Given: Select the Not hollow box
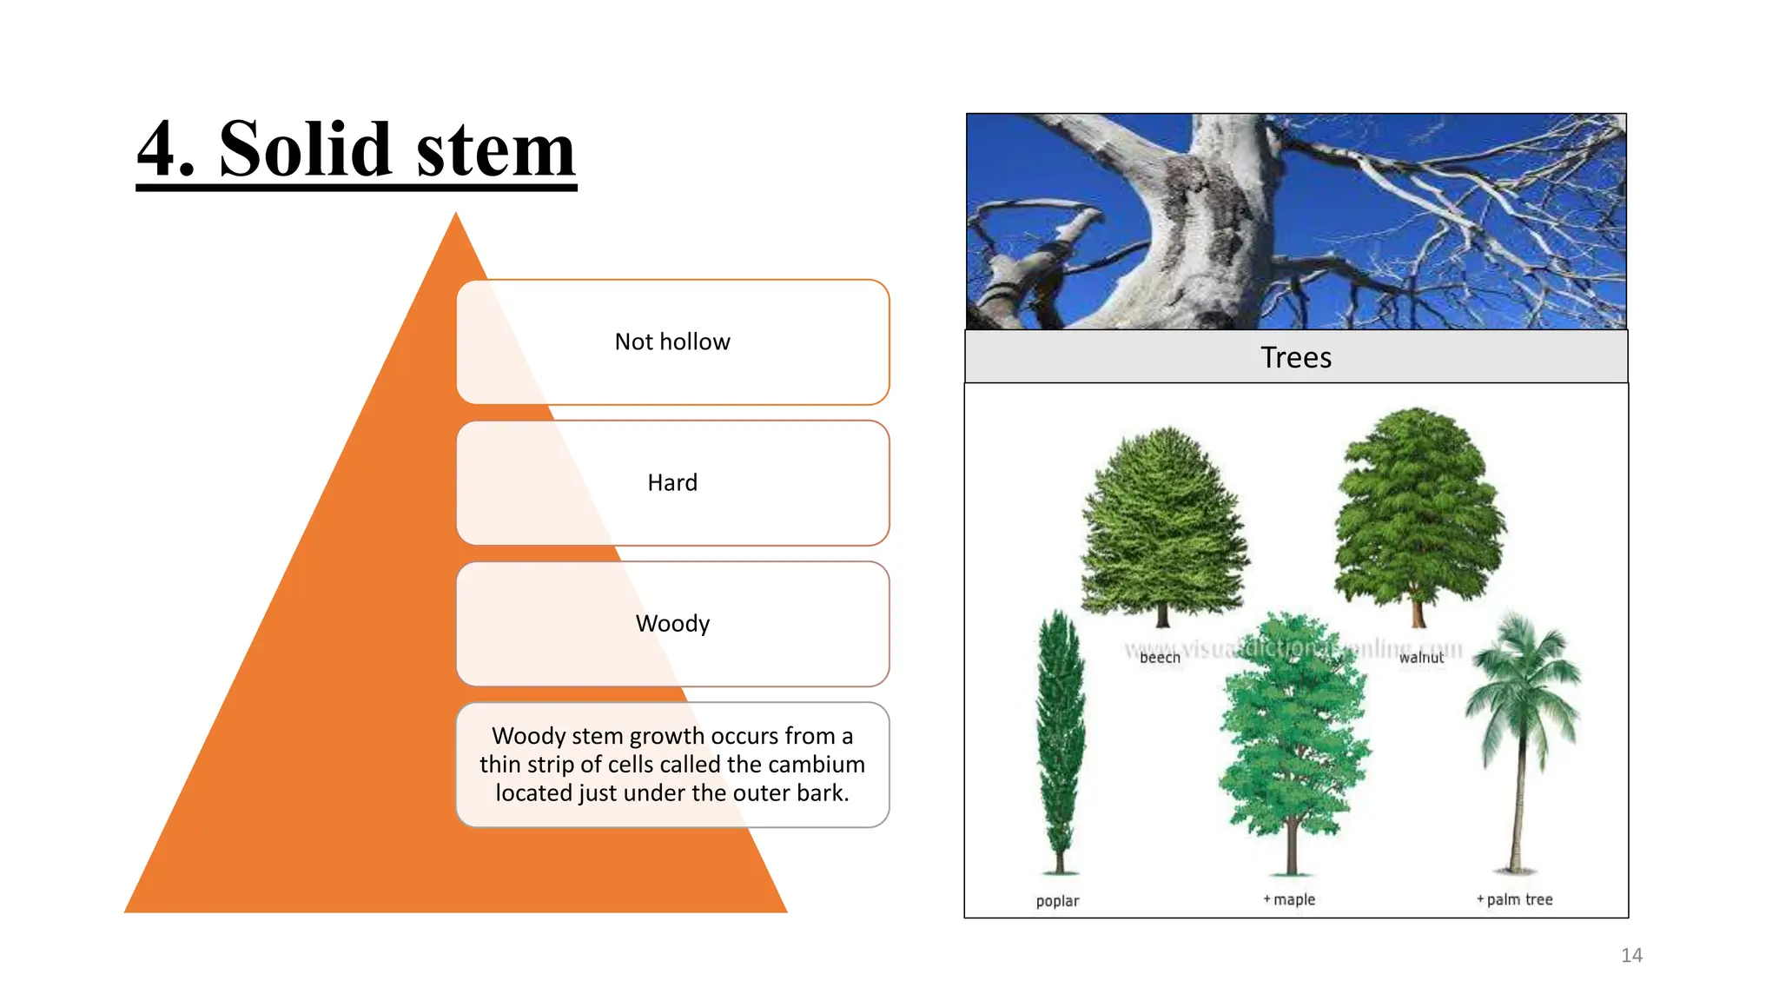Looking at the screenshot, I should [672, 342].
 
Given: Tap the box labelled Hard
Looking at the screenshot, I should [672, 483].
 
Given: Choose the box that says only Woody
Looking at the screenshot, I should [672, 624].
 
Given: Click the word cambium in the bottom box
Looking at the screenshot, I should [817, 765].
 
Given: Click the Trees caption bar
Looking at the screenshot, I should [1296, 357].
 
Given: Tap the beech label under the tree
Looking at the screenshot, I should [1160, 658].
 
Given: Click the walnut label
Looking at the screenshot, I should [1421, 658].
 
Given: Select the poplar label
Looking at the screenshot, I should [1057, 901].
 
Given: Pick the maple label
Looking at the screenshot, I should [1293, 899].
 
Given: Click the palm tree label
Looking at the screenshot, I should [1518, 899].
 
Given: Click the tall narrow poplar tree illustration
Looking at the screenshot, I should [1061, 739].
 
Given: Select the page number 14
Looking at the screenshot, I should [1631, 956].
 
